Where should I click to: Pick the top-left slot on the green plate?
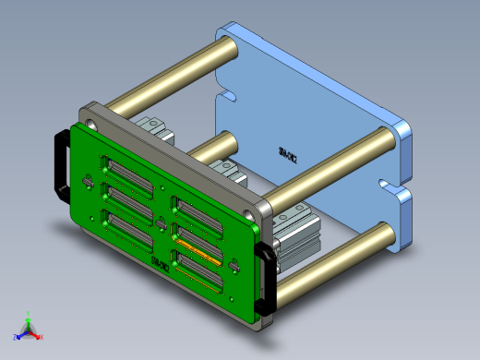coord(127,172)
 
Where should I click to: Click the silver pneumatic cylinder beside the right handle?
coord(294,240)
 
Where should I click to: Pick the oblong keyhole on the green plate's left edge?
coord(88,182)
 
